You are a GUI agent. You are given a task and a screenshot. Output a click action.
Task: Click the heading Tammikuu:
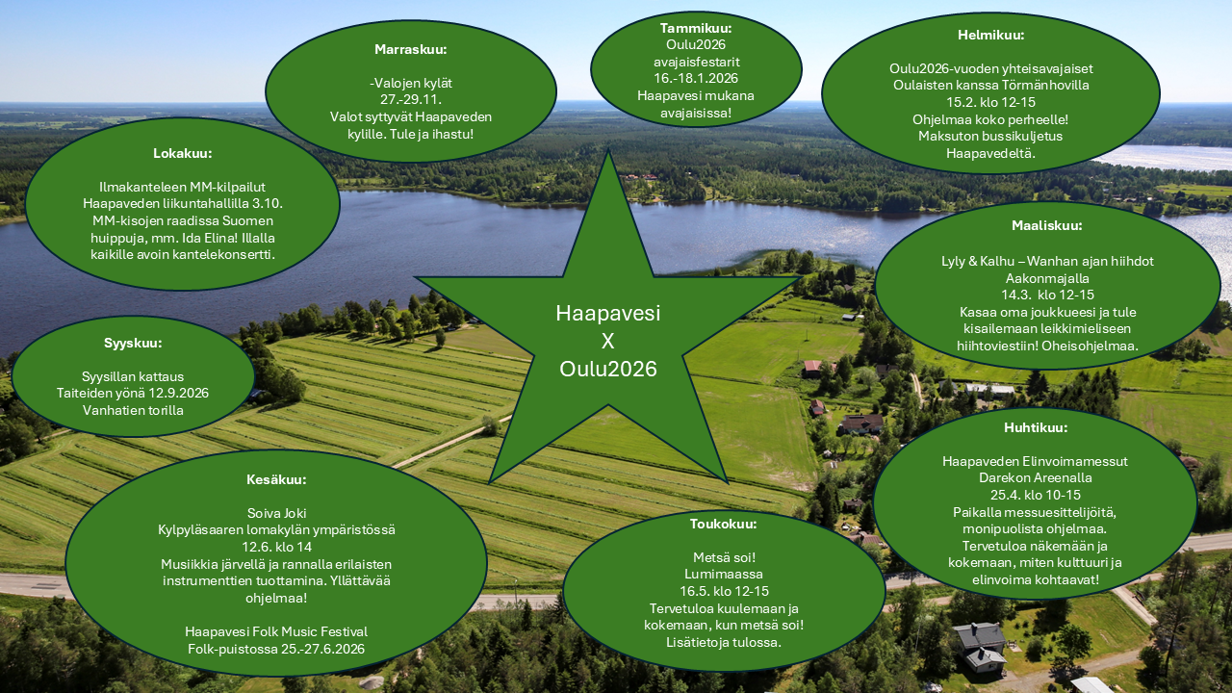[x=696, y=28]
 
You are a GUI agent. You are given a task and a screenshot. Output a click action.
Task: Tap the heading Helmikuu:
[x=990, y=36]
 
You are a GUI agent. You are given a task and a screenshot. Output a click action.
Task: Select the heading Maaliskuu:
[x=1046, y=225]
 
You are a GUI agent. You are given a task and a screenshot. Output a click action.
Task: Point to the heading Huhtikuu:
[x=1036, y=427]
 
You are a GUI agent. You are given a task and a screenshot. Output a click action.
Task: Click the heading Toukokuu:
[x=723, y=524]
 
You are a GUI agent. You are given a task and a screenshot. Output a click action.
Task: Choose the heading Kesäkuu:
[x=276, y=479]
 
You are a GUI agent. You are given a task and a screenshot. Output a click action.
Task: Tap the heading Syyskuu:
[x=133, y=344]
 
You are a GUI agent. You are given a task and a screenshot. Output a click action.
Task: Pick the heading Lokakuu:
[x=183, y=153]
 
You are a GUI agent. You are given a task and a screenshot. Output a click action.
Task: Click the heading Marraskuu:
[x=411, y=49]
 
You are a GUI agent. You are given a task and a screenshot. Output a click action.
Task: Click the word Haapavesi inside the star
[x=607, y=313]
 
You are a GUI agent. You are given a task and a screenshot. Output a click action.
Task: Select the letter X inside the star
[x=607, y=341]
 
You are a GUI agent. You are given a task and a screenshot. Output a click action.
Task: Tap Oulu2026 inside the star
[x=607, y=369]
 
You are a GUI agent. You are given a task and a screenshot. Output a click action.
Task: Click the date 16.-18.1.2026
[x=696, y=78]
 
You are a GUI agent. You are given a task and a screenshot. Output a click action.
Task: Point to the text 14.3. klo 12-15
[x=1047, y=295]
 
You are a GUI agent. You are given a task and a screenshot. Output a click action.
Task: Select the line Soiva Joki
[x=276, y=513]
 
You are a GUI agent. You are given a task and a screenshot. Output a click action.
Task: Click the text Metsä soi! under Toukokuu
[x=724, y=557]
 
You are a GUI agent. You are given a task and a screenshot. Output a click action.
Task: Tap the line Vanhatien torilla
[x=133, y=410]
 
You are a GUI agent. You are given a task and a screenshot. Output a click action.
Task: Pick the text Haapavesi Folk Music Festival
[x=276, y=631]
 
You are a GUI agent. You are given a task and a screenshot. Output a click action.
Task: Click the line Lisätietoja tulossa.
[x=724, y=642]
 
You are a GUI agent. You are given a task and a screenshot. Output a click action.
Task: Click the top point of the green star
[x=608, y=150]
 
